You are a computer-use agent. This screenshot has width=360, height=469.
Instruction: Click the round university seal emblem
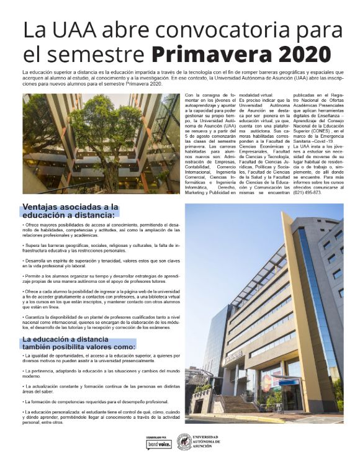(x=184, y=441)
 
